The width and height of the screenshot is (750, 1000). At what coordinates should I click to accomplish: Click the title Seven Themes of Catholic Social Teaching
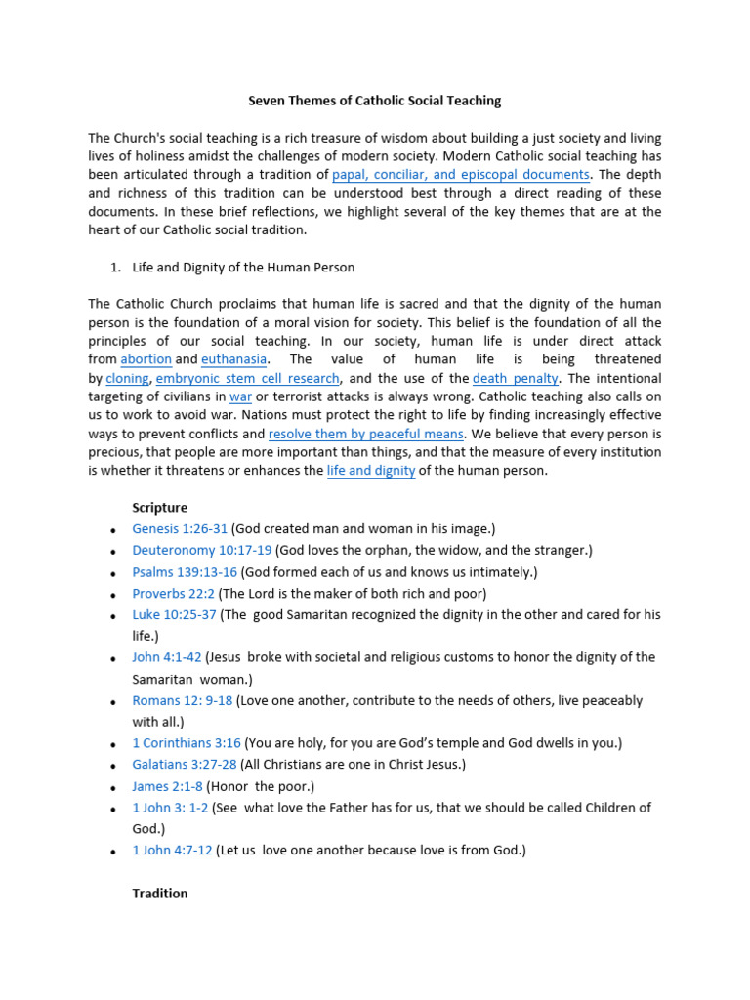(x=374, y=101)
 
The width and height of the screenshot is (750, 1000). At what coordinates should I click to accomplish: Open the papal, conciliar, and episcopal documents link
(x=461, y=175)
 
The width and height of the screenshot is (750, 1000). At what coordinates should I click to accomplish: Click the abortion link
(x=146, y=359)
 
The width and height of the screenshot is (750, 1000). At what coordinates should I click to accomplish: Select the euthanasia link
(x=233, y=359)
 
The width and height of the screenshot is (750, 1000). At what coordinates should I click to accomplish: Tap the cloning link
(x=127, y=378)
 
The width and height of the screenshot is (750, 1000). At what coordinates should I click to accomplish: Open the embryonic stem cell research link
(x=248, y=378)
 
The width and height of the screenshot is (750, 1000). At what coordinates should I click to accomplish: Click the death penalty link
(x=516, y=378)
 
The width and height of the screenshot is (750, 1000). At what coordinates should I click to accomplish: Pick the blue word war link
(x=240, y=396)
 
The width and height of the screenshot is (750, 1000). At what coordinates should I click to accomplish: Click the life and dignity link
(x=371, y=471)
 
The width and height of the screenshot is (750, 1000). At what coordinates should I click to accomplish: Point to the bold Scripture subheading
(x=160, y=508)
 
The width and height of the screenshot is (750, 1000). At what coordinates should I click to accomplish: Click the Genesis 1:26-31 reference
(x=180, y=529)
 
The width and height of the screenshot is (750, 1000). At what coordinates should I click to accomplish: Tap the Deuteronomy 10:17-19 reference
(x=203, y=551)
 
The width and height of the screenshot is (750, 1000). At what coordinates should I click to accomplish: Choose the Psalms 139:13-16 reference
(x=185, y=572)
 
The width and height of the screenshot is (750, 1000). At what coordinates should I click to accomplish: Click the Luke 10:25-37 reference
(x=176, y=615)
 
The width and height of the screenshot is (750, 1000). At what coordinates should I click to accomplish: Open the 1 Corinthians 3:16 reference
(x=187, y=743)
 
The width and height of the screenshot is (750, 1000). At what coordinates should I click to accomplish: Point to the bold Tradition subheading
(x=160, y=894)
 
